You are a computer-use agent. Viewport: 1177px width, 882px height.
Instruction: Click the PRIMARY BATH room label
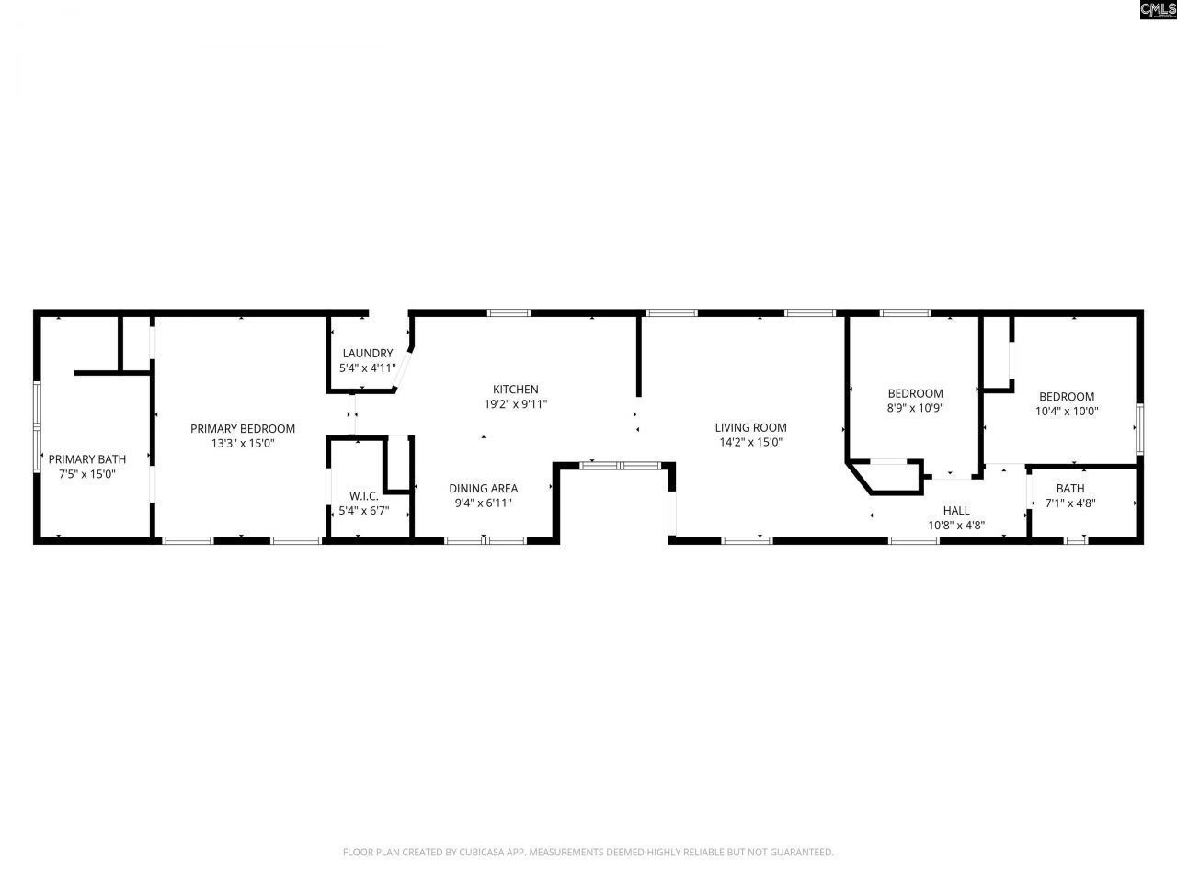tap(87, 459)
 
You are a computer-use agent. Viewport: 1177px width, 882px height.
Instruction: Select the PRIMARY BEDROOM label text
tap(243, 428)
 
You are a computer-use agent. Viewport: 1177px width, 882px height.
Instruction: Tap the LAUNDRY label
tap(368, 354)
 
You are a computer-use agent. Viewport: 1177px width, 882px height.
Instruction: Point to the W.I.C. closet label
tap(364, 496)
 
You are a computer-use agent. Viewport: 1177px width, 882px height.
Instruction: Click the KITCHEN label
tap(515, 390)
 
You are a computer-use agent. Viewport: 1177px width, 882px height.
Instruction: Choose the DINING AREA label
tap(483, 489)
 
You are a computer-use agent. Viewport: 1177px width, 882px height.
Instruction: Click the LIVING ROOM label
tap(750, 427)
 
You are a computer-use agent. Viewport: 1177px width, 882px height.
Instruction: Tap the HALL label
tap(956, 511)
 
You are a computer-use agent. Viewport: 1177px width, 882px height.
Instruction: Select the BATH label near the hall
tap(1069, 489)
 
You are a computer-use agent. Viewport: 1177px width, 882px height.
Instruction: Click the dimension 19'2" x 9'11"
tap(515, 404)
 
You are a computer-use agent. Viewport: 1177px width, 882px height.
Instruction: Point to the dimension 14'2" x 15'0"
tap(750, 442)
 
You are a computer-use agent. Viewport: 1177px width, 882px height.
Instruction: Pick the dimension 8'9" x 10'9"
tap(915, 408)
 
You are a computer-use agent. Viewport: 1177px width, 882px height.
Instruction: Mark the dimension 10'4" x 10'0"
tap(1067, 412)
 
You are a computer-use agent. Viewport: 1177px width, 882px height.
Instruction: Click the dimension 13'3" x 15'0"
tap(243, 443)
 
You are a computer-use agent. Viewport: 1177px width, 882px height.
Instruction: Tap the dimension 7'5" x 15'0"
tap(87, 474)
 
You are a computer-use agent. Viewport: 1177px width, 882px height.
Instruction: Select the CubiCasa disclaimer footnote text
tap(588, 853)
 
